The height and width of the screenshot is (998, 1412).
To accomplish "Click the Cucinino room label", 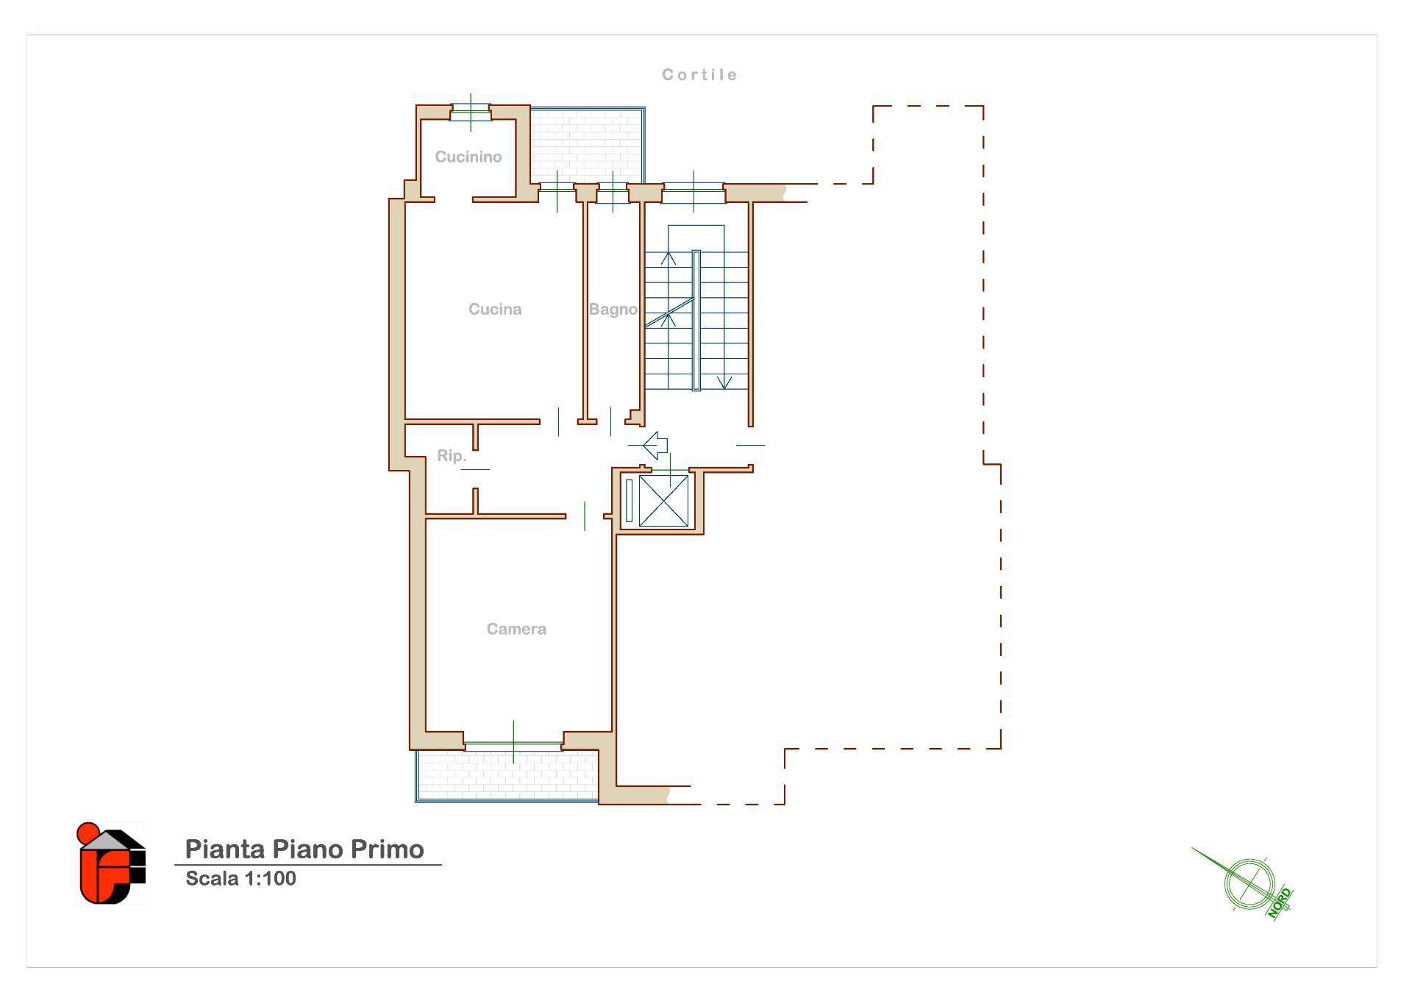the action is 468,157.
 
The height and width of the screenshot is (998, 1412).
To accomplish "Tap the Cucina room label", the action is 495,309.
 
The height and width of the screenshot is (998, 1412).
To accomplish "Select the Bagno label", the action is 613,310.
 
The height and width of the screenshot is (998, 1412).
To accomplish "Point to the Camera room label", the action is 516,629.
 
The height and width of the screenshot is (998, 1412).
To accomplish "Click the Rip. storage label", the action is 452,456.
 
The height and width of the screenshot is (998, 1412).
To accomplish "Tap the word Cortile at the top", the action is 699,74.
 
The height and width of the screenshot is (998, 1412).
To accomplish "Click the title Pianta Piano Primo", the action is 304,849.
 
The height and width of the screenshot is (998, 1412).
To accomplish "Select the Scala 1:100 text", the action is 240,878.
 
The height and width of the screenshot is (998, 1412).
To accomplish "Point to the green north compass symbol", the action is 1249,883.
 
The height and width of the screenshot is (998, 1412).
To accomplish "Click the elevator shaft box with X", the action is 663,501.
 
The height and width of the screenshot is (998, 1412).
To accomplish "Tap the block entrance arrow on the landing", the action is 655,446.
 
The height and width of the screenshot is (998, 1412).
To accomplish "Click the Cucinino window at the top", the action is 471,113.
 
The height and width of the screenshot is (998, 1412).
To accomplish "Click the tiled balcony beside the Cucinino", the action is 586,145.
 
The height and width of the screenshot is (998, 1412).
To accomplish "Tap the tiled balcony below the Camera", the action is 507,775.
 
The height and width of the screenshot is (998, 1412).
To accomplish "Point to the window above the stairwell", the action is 693,193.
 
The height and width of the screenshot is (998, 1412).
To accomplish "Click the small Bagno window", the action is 613,192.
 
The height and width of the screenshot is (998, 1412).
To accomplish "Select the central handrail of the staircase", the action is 696,321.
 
